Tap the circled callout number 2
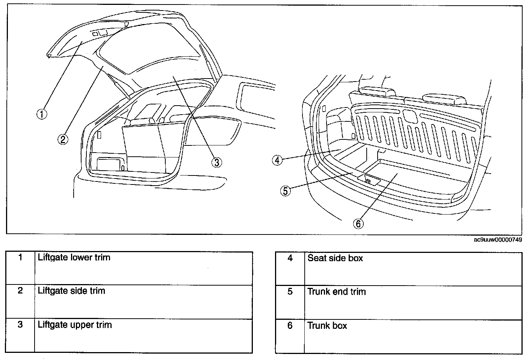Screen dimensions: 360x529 (63, 139)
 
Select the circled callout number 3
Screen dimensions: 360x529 (216, 162)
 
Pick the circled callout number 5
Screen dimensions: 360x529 (286, 191)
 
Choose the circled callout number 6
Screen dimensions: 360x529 (358, 224)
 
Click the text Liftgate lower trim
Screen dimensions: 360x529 (74, 258)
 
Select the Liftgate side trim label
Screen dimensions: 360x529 (71, 291)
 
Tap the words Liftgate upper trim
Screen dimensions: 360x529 (75, 325)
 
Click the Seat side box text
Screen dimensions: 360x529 (335, 258)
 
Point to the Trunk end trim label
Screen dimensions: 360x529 (336, 292)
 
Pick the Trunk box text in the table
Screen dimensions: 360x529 (327, 325)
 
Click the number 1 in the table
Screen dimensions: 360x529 (20, 257)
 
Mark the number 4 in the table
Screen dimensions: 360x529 (290, 258)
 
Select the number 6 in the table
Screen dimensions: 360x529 (290, 325)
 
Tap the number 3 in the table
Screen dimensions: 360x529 (20, 325)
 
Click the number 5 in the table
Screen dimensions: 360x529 (290, 292)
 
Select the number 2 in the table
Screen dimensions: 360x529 (20, 291)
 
